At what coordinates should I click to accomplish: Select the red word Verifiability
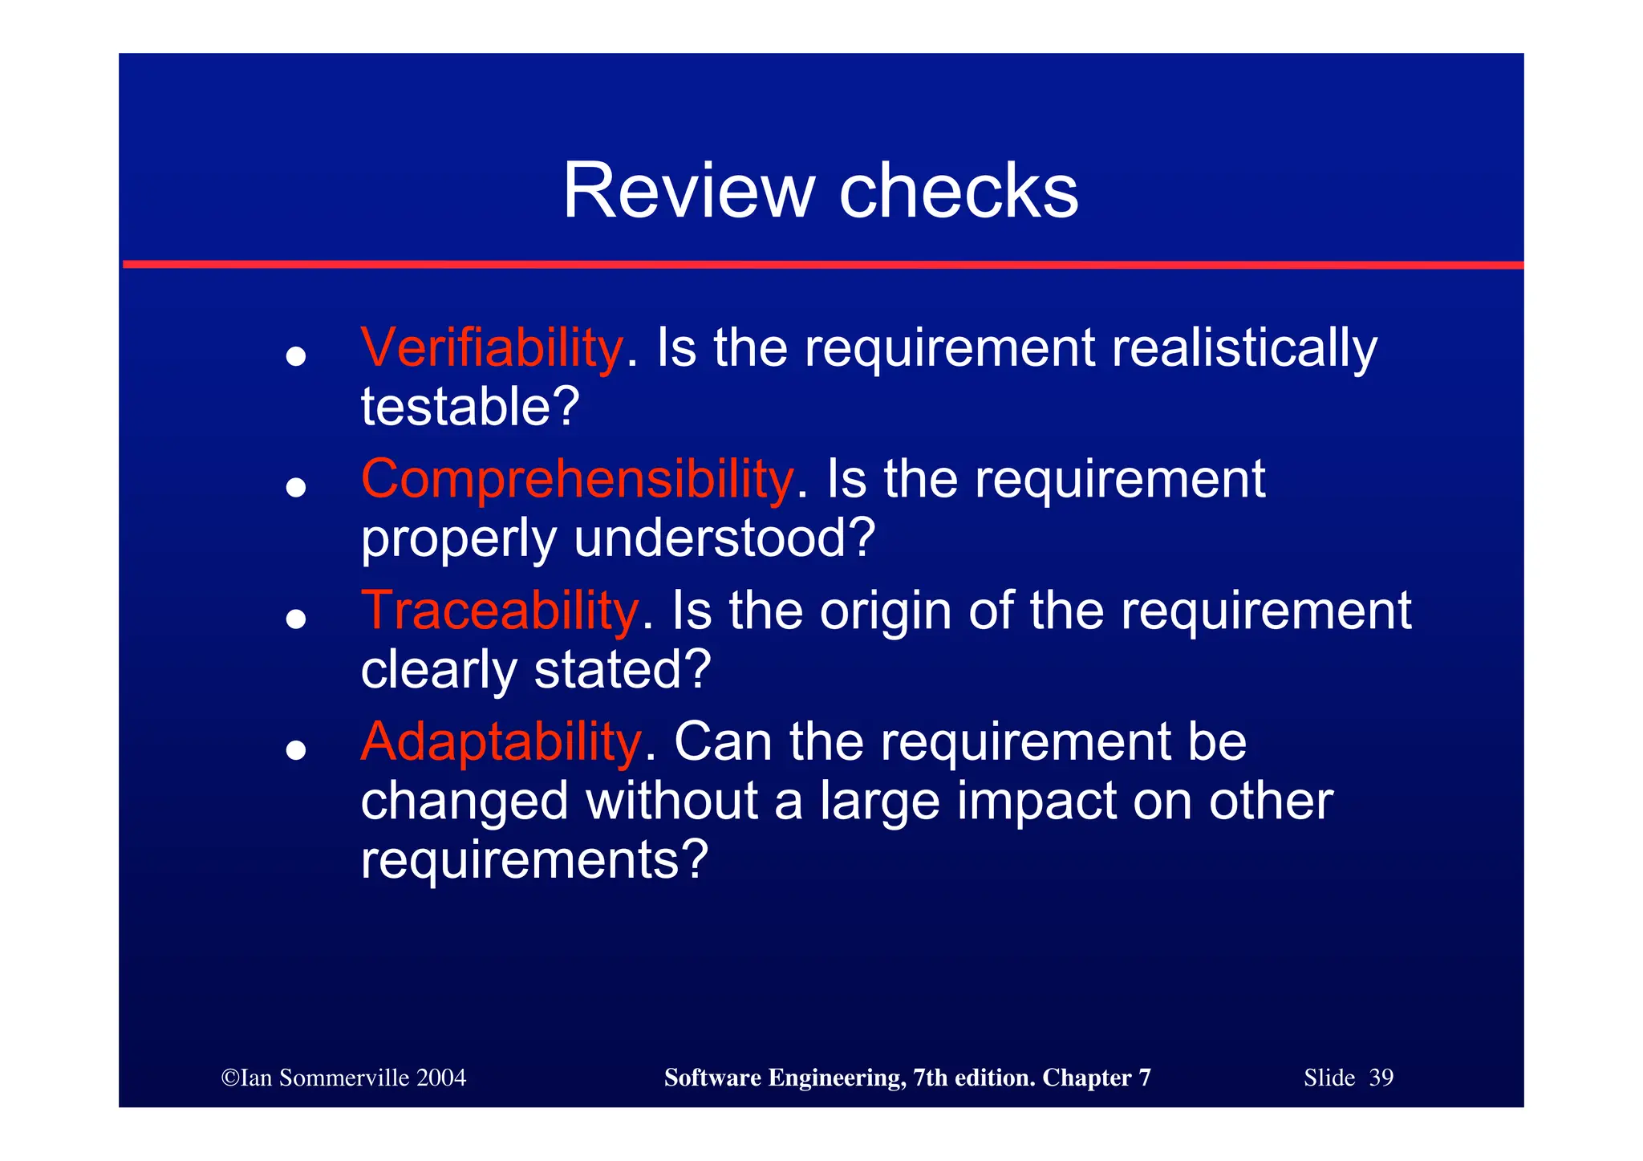tap(492, 348)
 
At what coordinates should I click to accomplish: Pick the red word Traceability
tap(500, 611)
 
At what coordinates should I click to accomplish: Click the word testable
tap(469, 407)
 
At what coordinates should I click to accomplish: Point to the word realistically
tap(1244, 350)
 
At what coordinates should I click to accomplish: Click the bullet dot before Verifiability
tap(296, 355)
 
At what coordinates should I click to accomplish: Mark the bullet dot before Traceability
tap(296, 619)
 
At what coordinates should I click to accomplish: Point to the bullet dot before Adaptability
tap(296, 749)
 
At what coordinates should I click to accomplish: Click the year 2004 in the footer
tap(441, 1078)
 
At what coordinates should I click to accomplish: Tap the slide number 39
tap(1381, 1078)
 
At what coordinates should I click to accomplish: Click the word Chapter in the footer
tap(1087, 1078)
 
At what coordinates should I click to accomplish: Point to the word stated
tap(622, 669)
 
